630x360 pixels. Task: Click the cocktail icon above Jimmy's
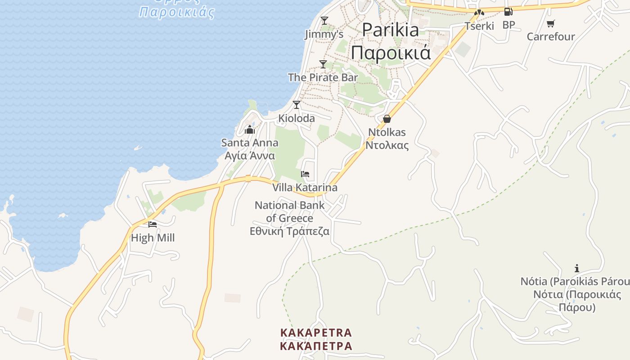click(324, 21)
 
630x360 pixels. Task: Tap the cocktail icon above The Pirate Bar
click(323, 64)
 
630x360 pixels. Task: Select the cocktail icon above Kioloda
click(297, 105)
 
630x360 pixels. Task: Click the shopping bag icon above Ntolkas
click(387, 119)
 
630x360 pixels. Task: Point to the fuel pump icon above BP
click(508, 12)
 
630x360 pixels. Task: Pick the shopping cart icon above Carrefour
click(550, 23)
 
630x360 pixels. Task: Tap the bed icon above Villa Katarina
click(305, 174)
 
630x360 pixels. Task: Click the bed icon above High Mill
click(153, 224)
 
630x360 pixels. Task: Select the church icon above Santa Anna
click(250, 130)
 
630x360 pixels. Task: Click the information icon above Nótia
click(577, 269)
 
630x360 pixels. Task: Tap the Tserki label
click(479, 26)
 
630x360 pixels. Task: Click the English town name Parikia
click(390, 30)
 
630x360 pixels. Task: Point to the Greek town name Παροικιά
click(391, 53)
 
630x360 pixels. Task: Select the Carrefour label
click(551, 36)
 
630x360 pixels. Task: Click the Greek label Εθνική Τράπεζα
click(290, 232)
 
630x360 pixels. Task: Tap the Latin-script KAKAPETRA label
click(316, 333)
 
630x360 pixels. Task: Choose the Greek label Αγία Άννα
click(250, 156)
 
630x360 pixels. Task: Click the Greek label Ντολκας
click(387, 145)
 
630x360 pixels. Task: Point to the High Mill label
click(153, 238)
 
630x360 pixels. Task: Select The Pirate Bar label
click(323, 77)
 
